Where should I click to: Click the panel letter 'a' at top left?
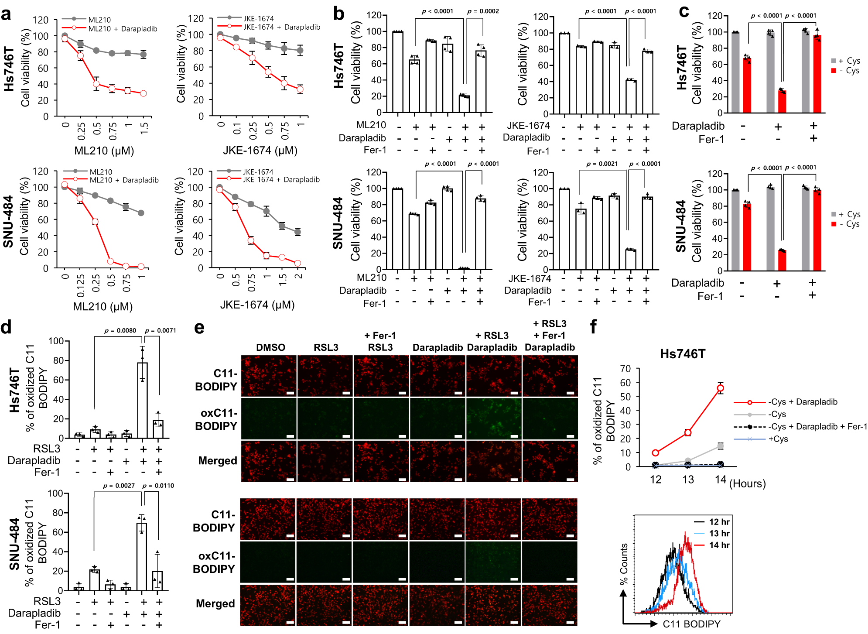[x=6, y=14]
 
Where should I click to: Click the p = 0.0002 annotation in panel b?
[x=483, y=11]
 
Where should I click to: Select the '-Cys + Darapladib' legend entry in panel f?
[x=803, y=402]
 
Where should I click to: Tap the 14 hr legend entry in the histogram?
[x=719, y=545]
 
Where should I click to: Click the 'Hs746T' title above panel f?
[x=683, y=354]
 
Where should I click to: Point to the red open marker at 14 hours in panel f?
[x=720, y=388]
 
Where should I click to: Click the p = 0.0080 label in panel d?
[x=120, y=331]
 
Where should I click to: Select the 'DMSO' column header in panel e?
[x=270, y=347]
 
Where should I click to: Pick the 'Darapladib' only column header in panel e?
[x=437, y=347]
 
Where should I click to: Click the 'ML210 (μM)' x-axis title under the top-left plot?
[x=104, y=151]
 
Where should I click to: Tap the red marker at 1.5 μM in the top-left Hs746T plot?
[x=143, y=93]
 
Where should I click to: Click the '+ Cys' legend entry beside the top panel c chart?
[x=848, y=61]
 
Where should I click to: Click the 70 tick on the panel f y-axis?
[x=625, y=369]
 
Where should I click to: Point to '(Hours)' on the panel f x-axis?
[x=747, y=483]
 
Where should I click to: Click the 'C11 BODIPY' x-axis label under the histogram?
[x=691, y=624]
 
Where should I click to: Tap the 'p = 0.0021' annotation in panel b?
[x=602, y=164]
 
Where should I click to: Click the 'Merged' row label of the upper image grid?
[x=218, y=461]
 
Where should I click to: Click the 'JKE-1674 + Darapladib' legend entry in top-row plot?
[x=281, y=27]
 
